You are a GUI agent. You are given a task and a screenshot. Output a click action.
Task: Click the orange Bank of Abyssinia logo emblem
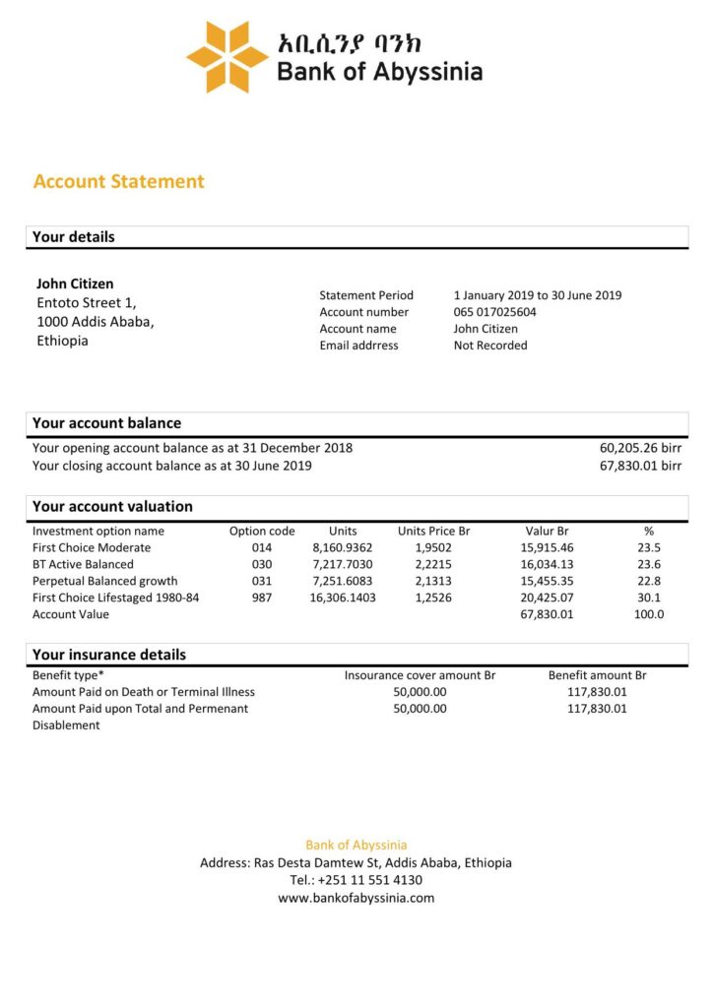tap(227, 57)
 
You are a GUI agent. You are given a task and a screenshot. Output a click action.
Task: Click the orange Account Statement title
tap(119, 181)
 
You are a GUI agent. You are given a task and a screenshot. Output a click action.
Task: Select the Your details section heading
tap(74, 237)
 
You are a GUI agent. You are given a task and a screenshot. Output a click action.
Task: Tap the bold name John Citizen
tap(75, 283)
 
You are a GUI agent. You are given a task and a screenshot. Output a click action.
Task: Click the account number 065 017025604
tap(495, 312)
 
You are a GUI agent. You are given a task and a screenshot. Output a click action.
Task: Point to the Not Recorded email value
tap(490, 346)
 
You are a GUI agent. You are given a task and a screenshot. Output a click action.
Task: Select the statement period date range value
tap(538, 295)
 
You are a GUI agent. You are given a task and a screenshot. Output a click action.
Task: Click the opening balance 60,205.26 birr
tap(640, 448)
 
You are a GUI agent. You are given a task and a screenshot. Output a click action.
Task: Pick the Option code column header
tap(262, 531)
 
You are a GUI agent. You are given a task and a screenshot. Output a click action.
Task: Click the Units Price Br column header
tap(434, 531)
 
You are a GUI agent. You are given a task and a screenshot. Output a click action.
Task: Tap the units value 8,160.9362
tap(343, 547)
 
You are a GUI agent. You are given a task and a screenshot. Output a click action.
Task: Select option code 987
tap(262, 598)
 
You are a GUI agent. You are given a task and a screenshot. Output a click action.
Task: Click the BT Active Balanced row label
tap(83, 564)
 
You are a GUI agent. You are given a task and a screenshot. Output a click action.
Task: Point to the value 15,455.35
tap(548, 581)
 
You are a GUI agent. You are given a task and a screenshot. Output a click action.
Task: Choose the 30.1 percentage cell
tap(649, 598)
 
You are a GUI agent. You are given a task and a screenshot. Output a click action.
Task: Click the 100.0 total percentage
tap(649, 614)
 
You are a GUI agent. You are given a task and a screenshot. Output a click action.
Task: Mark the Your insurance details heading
tap(109, 655)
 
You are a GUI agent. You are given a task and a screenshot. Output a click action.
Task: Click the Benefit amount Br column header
tap(597, 675)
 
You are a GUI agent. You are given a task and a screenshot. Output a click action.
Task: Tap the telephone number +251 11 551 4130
tap(356, 880)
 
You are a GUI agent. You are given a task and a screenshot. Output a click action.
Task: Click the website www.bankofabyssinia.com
tap(356, 898)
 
